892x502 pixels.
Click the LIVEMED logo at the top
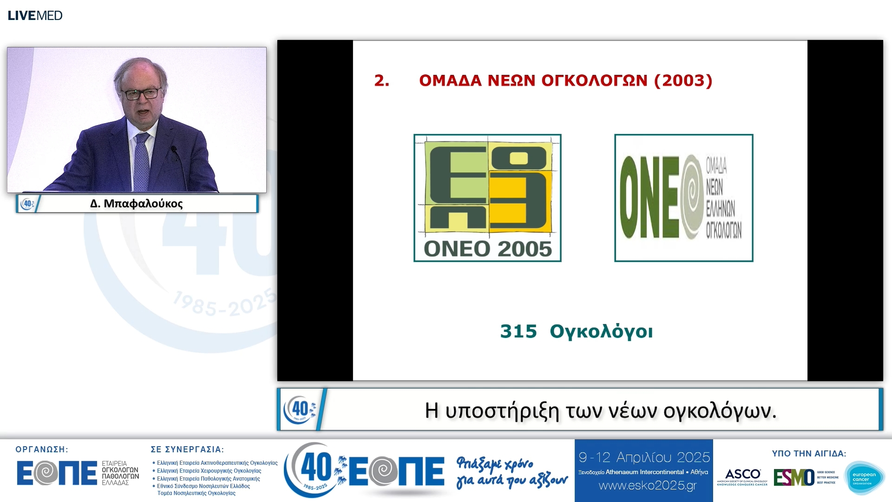[x=35, y=15]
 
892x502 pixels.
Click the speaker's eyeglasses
[x=141, y=94]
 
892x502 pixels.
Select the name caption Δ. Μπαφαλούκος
[x=137, y=204]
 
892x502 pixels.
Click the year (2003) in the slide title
[x=683, y=80]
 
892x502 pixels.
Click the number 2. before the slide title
[x=381, y=80]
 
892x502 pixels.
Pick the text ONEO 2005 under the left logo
[x=488, y=249]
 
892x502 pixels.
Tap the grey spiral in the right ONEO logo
[x=692, y=197]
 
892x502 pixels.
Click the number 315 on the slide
[x=518, y=331]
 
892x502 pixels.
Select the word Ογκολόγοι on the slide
[x=601, y=331]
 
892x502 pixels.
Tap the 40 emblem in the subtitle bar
[x=300, y=410]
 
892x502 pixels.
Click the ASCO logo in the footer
[x=742, y=476]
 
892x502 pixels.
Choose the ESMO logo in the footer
[x=794, y=477]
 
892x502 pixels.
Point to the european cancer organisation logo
[x=864, y=478]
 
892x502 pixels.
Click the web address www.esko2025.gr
[x=648, y=486]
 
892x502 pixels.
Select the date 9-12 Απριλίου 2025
[x=644, y=457]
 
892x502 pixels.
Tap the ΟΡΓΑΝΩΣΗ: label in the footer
[x=42, y=449]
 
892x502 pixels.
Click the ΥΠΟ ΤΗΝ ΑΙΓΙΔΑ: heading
[x=809, y=454]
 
